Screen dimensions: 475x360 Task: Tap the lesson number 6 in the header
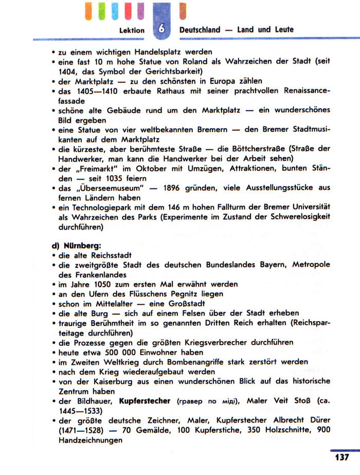coord(161,29)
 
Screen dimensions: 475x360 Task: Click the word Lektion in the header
coord(132,30)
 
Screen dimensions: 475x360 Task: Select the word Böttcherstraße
coord(249,149)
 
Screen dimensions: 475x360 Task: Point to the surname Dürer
coord(318,420)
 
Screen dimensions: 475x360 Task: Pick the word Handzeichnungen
coord(91,440)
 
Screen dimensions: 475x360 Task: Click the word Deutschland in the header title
coord(200,30)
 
